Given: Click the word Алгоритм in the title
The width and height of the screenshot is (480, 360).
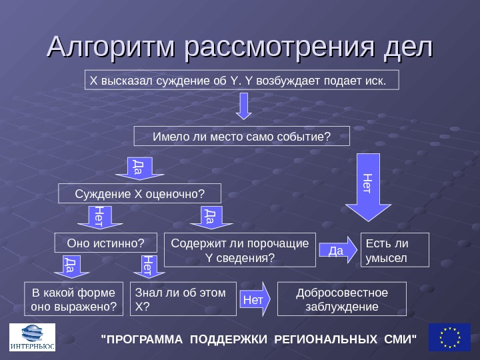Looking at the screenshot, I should (113, 47).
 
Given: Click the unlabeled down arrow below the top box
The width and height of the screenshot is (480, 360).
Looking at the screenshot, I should (245, 105).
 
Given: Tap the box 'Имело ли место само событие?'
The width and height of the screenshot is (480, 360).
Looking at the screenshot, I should (241, 136).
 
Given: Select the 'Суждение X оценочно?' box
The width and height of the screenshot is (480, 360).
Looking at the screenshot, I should (139, 193).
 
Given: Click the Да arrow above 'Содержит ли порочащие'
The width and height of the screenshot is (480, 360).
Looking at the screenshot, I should (209, 217).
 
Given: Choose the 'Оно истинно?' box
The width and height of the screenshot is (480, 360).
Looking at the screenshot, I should (106, 243).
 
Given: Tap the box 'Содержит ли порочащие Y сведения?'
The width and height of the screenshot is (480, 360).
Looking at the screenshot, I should (239, 249).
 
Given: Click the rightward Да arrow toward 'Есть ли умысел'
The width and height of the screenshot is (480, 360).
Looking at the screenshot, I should (338, 250).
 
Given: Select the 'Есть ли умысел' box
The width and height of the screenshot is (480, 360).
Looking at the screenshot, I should (395, 249).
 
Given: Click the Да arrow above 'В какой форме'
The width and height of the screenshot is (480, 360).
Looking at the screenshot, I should (69, 266).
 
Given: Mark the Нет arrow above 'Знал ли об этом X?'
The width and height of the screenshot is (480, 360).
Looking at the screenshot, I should (147, 266).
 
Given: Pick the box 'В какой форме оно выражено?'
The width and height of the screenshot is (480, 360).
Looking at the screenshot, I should (74, 299).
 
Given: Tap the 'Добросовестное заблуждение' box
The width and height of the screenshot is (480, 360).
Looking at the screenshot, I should (341, 299).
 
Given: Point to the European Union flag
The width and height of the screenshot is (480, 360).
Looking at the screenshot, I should (449, 337).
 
